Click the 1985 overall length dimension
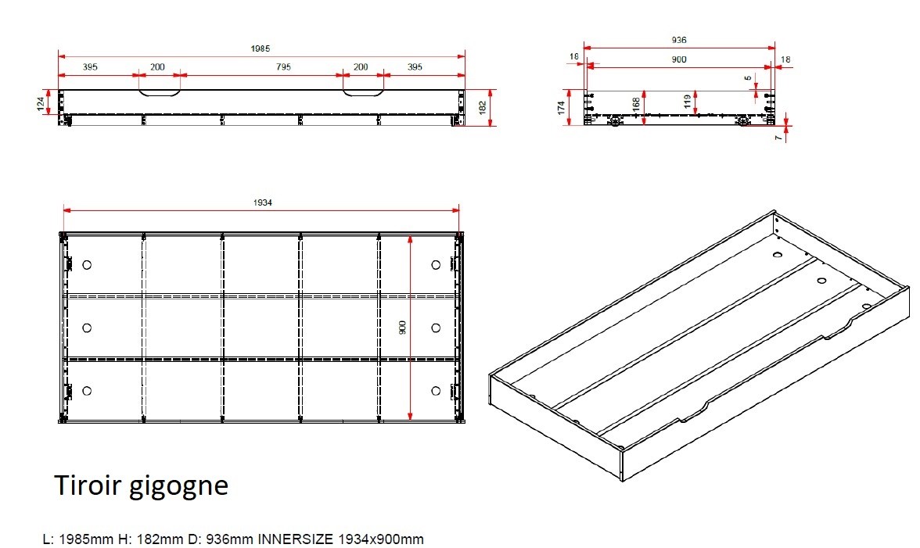pyautogui.click(x=260, y=48)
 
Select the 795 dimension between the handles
pyautogui.click(x=283, y=66)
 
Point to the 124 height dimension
pyautogui.click(x=41, y=104)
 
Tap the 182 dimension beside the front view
pyautogui.click(x=482, y=108)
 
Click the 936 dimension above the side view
pyautogui.click(x=679, y=40)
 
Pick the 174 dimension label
pyautogui.click(x=562, y=108)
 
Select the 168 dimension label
pyautogui.click(x=637, y=105)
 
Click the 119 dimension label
pyautogui.click(x=687, y=102)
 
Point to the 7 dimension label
pyautogui.click(x=778, y=138)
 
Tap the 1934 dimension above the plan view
pyautogui.click(x=262, y=202)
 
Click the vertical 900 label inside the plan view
pyautogui.click(x=402, y=328)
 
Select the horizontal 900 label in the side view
pyautogui.click(x=679, y=59)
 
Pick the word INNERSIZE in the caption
pyautogui.click(x=296, y=539)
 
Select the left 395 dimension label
pyautogui.click(x=90, y=66)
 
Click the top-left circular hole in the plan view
pyautogui.click(x=87, y=265)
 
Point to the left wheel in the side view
pyautogui.click(x=616, y=121)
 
